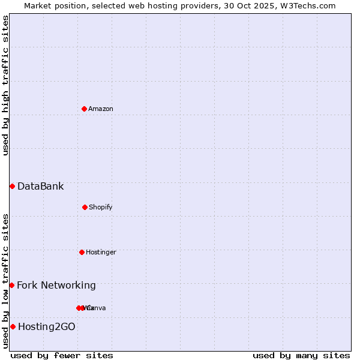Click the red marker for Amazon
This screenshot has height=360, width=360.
coord(84,109)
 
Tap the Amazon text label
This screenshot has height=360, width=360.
coord(101,109)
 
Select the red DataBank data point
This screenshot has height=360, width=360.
coord(12,186)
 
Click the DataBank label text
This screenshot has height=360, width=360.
coord(40,186)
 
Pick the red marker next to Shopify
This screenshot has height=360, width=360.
coord(85,207)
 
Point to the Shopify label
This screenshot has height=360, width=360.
coord(101,207)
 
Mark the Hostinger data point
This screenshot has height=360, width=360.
coord(82,252)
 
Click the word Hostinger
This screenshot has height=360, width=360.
coord(101,252)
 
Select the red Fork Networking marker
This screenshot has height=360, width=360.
coord(11,285)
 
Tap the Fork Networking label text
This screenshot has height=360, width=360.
coord(56,285)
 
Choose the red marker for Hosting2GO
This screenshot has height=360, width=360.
coord(13,326)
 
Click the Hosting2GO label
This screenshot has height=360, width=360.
coord(46,326)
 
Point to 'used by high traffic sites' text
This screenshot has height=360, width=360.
coord(6,85)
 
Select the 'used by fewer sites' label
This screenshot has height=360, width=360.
coord(62,355)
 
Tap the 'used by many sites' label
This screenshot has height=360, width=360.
coord(301,355)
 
